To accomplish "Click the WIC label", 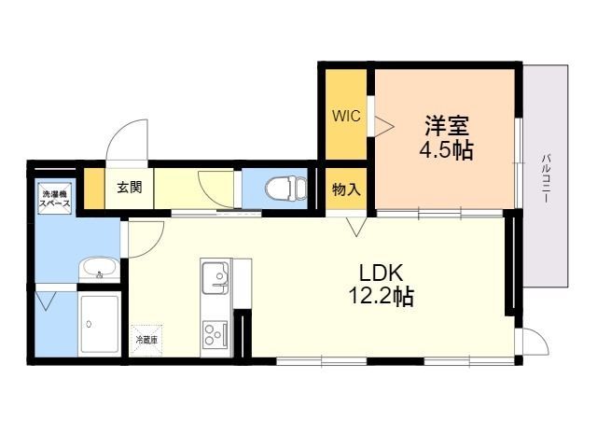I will [347, 117].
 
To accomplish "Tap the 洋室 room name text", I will [446, 126].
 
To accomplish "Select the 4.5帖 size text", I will [445, 149].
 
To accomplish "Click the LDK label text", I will [381, 273].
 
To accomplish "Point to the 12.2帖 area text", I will [380, 298].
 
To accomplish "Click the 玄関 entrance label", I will [130, 187].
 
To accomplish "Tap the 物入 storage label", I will [347, 189].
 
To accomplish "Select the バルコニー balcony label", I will [547, 176].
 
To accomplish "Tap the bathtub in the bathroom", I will [99, 323].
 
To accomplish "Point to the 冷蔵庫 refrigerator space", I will [146, 339].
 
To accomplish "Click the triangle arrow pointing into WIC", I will [382, 122].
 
